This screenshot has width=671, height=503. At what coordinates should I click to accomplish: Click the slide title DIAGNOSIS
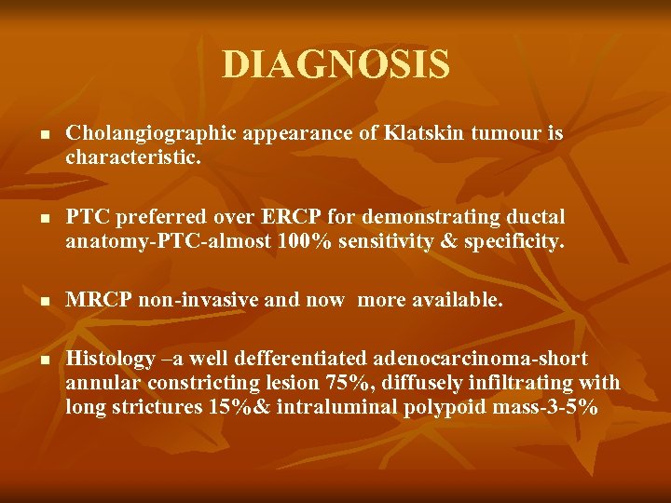[x=335, y=65]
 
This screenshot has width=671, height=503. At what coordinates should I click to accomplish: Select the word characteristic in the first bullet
[x=130, y=158]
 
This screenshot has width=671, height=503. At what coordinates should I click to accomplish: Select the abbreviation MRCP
[x=97, y=301]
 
